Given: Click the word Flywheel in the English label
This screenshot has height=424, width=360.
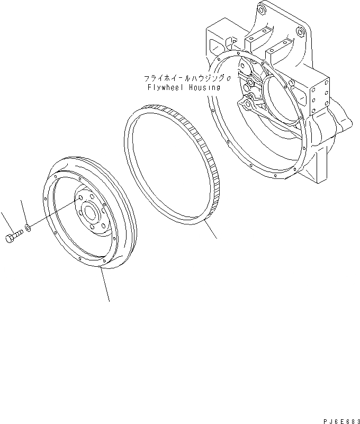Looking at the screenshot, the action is [166, 87].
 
